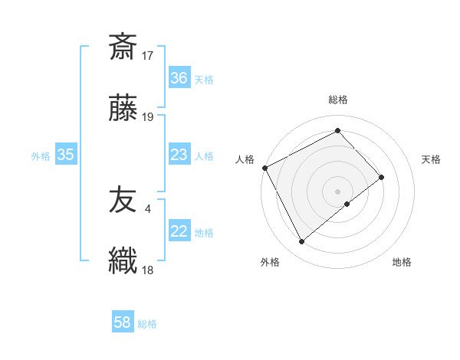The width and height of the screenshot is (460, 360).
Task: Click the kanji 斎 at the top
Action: [123, 47]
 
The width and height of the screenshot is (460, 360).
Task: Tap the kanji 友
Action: [123, 201]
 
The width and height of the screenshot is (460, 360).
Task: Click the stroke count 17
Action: [149, 55]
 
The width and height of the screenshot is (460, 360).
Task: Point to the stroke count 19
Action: [149, 117]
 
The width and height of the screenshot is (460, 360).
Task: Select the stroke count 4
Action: [147, 208]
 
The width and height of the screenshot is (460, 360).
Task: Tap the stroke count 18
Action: [149, 270]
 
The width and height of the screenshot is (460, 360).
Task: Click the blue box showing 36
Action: [179, 77]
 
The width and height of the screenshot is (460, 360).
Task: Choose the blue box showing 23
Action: [179, 155]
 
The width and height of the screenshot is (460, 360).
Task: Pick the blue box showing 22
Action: [179, 231]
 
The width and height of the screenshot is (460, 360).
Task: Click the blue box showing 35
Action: [66, 155]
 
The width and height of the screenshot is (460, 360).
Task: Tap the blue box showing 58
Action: [123, 323]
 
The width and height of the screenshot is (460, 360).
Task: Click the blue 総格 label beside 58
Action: [147, 324]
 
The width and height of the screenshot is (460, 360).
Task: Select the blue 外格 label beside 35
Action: [41, 155]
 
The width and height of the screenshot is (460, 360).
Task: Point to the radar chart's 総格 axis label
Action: [338, 100]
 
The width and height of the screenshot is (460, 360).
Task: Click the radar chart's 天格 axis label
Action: [431, 159]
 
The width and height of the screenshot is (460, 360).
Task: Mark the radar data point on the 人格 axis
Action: [264, 168]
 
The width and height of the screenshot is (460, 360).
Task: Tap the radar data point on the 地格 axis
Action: [347, 204]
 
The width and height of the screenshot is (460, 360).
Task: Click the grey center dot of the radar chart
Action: [338, 191]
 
